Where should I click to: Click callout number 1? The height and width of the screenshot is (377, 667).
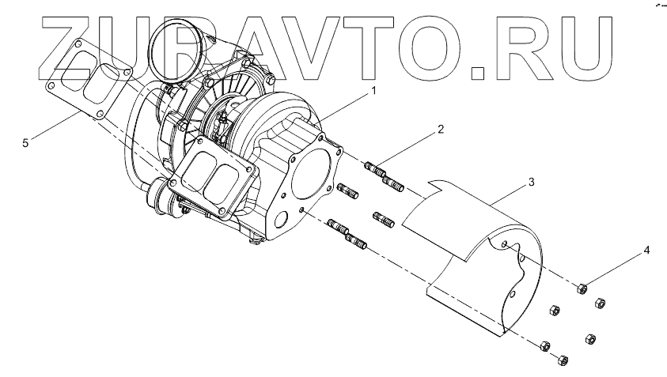click(x=373, y=92)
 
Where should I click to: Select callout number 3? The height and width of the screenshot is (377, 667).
click(x=531, y=183)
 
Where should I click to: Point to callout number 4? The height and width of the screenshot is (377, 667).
click(x=646, y=251)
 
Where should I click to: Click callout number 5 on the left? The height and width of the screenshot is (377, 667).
click(x=26, y=143)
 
